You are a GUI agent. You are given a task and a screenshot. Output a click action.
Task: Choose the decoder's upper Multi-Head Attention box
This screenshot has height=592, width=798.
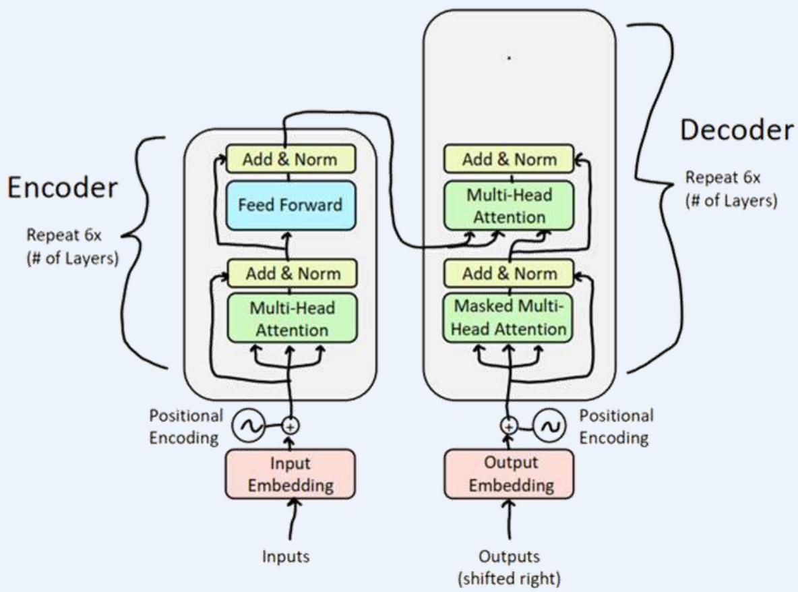[510, 206]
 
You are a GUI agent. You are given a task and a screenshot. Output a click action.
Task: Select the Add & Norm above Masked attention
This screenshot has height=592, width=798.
[510, 274]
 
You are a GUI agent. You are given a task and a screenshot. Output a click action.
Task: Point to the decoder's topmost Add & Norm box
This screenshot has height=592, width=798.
[510, 160]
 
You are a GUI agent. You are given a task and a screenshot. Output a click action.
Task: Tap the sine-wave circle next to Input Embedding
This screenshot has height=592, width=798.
[246, 426]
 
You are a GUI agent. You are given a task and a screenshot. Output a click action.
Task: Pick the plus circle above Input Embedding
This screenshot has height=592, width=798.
[290, 426]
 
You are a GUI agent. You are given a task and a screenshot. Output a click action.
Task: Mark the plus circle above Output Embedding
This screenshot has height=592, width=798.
[510, 426]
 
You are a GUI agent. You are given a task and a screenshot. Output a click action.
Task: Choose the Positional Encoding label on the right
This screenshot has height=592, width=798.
[616, 426]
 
